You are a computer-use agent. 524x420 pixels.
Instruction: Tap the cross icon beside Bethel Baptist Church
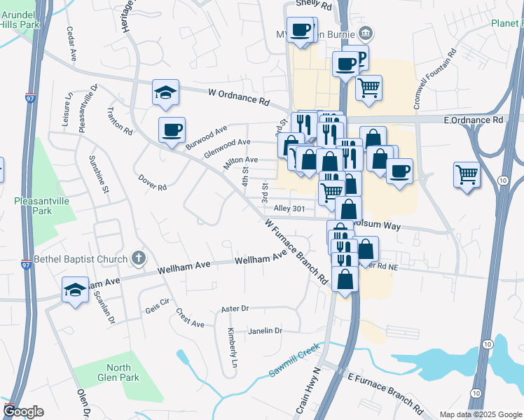(139, 258)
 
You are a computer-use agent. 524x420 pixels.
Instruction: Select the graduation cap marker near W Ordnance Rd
(165, 92)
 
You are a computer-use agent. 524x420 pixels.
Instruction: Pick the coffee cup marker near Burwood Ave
(172, 129)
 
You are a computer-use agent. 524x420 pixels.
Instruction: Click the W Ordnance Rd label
(239, 97)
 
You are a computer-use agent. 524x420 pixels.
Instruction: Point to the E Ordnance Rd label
(474, 120)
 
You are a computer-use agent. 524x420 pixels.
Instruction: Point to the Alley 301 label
(289, 209)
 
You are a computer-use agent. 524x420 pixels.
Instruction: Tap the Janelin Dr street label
(264, 330)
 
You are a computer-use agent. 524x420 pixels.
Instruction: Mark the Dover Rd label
(152, 182)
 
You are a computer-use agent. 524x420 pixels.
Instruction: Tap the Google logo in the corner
(23, 412)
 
